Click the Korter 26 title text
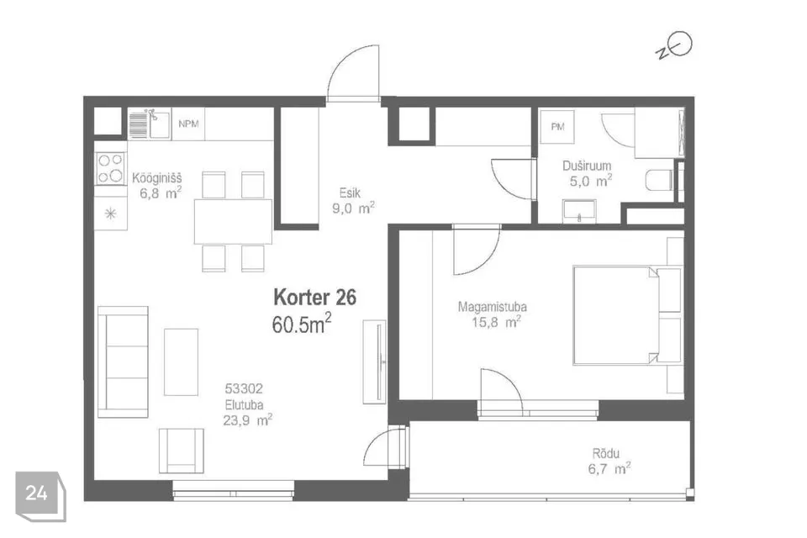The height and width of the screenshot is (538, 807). tap(315, 298)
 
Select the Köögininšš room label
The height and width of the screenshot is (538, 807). tap(157, 178)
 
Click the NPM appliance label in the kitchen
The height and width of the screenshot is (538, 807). tap(188, 124)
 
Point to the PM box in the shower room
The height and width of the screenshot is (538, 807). tap(556, 127)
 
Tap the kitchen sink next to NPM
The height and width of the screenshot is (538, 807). tap(150, 124)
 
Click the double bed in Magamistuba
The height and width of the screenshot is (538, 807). tap(626, 315)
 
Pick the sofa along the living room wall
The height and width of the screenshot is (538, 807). tap(123, 361)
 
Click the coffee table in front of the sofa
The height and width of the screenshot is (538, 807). tap(181, 361)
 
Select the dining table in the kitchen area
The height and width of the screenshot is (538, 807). tap(233, 221)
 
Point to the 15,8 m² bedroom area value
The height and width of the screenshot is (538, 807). tap(501, 320)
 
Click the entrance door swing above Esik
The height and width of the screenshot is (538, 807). tap(352, 78)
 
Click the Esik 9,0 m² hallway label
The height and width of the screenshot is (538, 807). tap(351, 199)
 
